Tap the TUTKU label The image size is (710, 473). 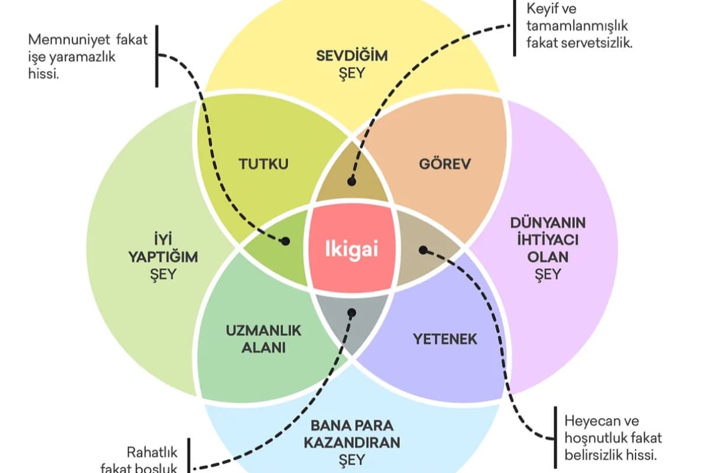(x=264, y=164)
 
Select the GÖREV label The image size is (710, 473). (x=444, y=164)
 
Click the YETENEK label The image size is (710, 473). (x=444, y=339)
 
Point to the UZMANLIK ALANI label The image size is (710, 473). (x=263, y=339)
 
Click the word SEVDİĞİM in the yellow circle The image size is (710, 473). (x=351, y=56)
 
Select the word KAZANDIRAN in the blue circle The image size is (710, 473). (x=352, y=442)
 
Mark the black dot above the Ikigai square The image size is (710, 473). (x=351, y=182)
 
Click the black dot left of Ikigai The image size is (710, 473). (x=285, y=241)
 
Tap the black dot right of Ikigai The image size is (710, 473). (x=423, y=250)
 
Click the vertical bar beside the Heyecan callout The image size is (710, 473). (x=555, y=437)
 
